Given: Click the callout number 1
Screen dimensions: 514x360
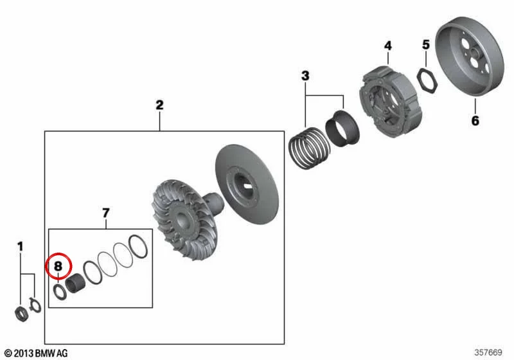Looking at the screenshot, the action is (x=21, y=247).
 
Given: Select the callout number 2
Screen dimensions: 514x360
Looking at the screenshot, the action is (x=159, y=105).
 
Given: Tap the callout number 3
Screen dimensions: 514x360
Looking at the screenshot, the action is (x=305, y=76).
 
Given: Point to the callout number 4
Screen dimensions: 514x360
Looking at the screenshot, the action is (x=388, y=46).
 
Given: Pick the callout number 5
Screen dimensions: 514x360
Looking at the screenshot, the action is (x=425, y=44).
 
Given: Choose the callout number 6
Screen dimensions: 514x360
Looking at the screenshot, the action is (x=475, y=121).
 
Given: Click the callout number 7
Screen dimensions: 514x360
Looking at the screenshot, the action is (x=105, y=213).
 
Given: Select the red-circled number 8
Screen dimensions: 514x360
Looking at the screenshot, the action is (x=58, y=266).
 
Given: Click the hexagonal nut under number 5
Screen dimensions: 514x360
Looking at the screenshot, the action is (x=427, y=80).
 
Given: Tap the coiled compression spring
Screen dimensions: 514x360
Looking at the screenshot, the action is (x=309, y=148).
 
